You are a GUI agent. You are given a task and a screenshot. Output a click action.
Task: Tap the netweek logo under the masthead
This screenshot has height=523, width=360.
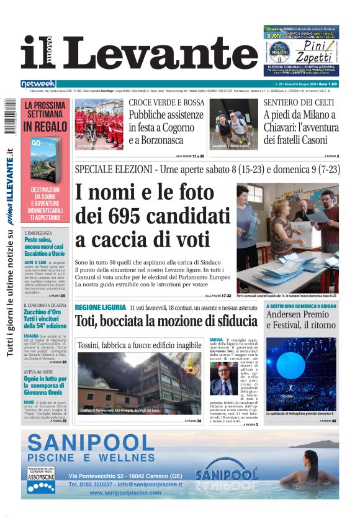tap(38, 84)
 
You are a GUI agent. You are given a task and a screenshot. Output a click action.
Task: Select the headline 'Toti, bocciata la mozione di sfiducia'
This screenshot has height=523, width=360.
tap(166, 321)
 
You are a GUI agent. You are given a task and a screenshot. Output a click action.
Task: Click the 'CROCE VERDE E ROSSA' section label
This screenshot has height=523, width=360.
tap(166, 102)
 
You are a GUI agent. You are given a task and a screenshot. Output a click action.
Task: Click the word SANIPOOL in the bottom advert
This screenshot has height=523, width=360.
tap(91, 443)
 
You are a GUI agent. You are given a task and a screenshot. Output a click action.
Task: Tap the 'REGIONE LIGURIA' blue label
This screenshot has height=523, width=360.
tap(100, 308)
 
